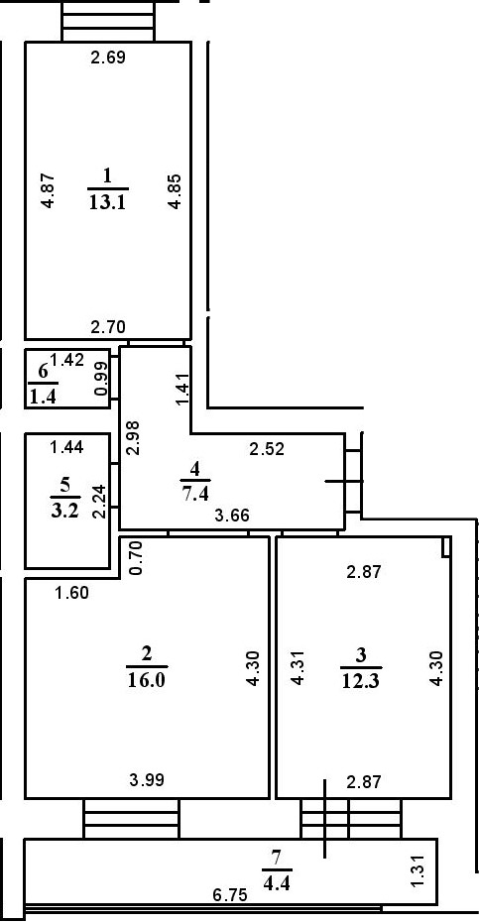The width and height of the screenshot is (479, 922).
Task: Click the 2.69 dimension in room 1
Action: pyautogui.click(x=108, y=58)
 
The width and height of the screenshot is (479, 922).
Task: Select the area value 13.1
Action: pyautogui.click(x=108, y=202)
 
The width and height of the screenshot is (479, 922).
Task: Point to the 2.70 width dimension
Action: pyautogui.click(x=108, y=327)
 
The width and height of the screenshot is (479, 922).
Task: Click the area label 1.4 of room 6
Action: pyautogui.click(x=43, y=397)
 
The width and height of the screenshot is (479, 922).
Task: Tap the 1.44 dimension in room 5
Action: pyautogui.click(x=66, y=447)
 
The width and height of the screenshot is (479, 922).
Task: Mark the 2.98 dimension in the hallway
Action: pyautogui.click(x=134, y=437)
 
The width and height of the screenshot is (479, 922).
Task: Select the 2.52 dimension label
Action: pyautogui.click(x=267, y=450)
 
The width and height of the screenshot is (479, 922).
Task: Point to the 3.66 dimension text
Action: pyautogui.click(x=232, y=516)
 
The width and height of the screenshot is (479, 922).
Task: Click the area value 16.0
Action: pyautogui.click(x=147, y=680)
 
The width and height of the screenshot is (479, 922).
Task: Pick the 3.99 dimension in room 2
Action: pyautogui.click(x=147, y=781)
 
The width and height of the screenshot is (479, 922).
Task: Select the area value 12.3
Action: pyautogui.click(x=362, y=680)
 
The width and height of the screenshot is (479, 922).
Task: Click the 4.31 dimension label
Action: pyautogui.click(x=299, y=668)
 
